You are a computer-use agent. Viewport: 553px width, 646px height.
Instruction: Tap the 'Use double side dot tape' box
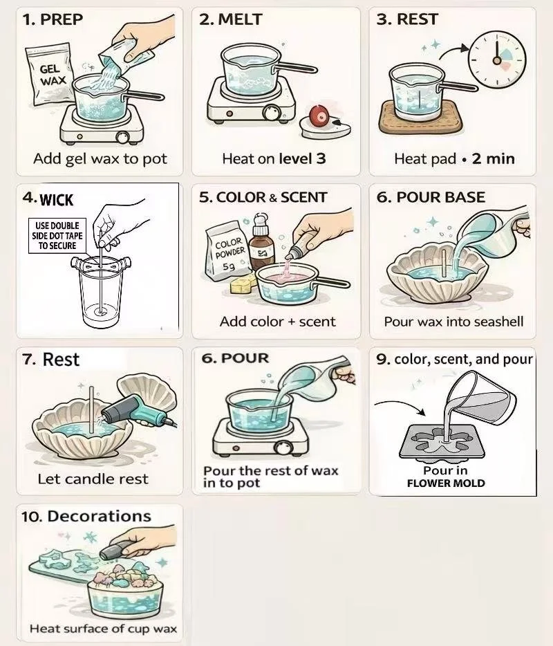coord(57,236)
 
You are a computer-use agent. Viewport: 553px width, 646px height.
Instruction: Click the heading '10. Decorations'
coord(86,516)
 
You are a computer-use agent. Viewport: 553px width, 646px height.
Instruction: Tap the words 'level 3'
coord(302,158)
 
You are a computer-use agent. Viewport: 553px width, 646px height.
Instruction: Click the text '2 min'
coord(494,158)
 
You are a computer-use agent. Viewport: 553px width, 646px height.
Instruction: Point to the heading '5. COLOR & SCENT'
coord(263,197)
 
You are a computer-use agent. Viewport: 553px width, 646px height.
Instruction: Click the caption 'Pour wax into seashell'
coord(453,322)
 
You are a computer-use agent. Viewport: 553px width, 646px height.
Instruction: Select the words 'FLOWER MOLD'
coord(446,483)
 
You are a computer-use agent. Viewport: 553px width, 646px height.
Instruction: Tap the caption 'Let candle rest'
coord(93,479)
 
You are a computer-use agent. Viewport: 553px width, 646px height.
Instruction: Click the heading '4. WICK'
coord(48,199)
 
